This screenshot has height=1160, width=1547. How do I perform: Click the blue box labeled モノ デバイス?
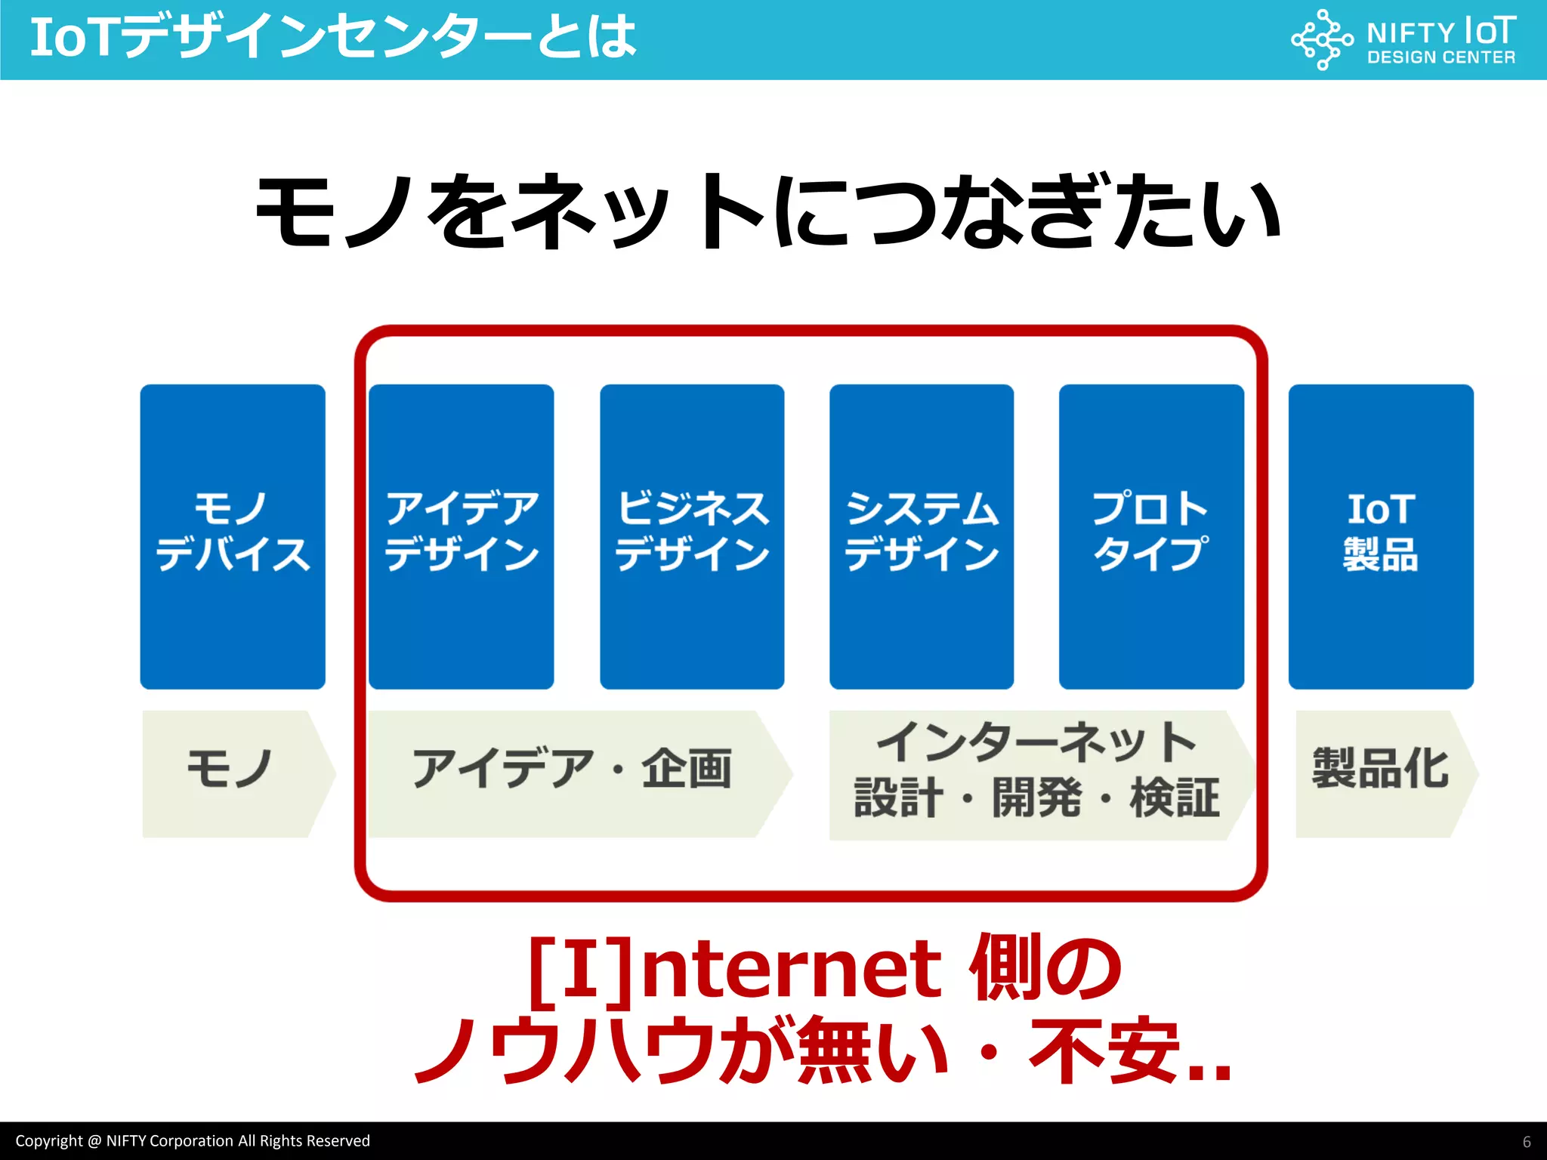[233, 536]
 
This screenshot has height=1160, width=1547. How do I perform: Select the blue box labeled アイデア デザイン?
[462, 536]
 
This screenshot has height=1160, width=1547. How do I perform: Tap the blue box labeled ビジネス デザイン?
[692, 536]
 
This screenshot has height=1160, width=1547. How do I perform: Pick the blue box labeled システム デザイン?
[922, 536]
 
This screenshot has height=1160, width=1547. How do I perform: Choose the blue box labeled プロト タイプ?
[1151, 536]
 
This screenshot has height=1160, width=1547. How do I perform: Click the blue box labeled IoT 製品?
[1381, 536]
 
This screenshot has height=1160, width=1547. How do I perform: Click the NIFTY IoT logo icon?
[1322, 39]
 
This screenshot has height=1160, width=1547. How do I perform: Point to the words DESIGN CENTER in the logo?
[1440, 58]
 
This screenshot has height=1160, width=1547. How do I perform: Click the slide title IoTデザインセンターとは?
[332, 38]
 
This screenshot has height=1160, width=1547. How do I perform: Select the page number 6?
[1527, 1142]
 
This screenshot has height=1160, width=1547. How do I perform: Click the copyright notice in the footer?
[193, 1141]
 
